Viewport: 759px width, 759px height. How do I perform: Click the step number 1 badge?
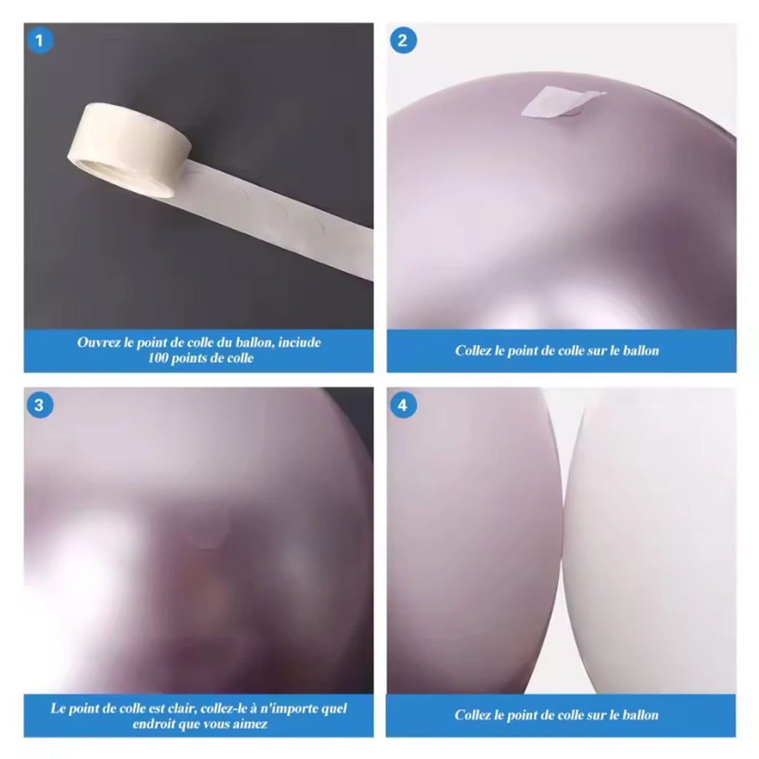pyautogui.click(x=40, y=41)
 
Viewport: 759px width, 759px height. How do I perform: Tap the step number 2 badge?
pyautogui.click(x=402, y=41)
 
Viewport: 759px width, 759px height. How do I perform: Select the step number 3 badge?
pyautogui.click(x=40, y=405)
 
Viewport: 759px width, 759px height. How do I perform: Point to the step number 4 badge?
pyautogui.click(x=402, y=405)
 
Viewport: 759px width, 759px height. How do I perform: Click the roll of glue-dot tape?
pyautogui.click(x=130, y=149)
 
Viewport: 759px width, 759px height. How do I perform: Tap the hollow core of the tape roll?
pyautogui.click(x=111, y=173)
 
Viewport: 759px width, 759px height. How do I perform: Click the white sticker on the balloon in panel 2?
pyautogui.click(x=562, y=102)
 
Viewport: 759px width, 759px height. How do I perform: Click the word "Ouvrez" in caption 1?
pyautogui.click(x=99, y=342)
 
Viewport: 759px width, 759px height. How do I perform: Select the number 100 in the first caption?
pyautogui.click(x=159, y=358)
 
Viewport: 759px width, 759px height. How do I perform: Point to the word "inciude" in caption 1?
pyautogui.click(x=299, y=342)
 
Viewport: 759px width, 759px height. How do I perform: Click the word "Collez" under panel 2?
pyautogui.click(x=474, y=351)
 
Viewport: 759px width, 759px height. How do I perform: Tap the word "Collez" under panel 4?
pyautogui.click(x=473, y=715)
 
